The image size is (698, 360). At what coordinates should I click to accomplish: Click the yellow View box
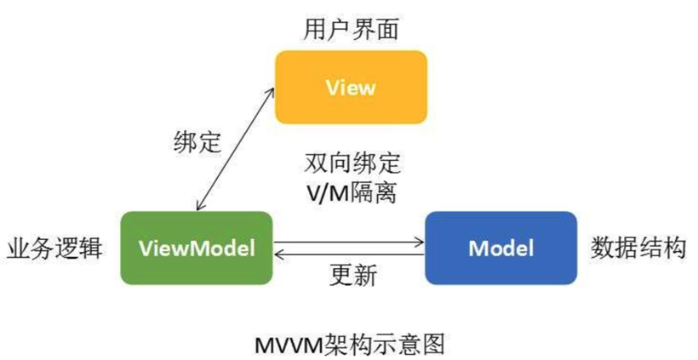pos(350,87)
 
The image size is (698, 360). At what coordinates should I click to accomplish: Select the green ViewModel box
pos(197,248)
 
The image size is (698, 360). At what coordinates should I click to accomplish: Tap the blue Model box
pos(501,248)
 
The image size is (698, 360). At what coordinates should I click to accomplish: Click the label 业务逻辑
pos(54,249)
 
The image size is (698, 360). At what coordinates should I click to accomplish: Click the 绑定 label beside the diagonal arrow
pos(191,141)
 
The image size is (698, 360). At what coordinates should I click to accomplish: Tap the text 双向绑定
pos(351,162)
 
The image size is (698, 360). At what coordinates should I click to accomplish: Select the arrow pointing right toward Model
pos(349,242)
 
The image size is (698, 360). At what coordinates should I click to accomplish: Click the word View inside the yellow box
pos(350,88)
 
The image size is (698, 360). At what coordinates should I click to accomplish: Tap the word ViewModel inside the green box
pos(197,249)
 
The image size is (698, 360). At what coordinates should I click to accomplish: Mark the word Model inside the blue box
pos(501,249)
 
